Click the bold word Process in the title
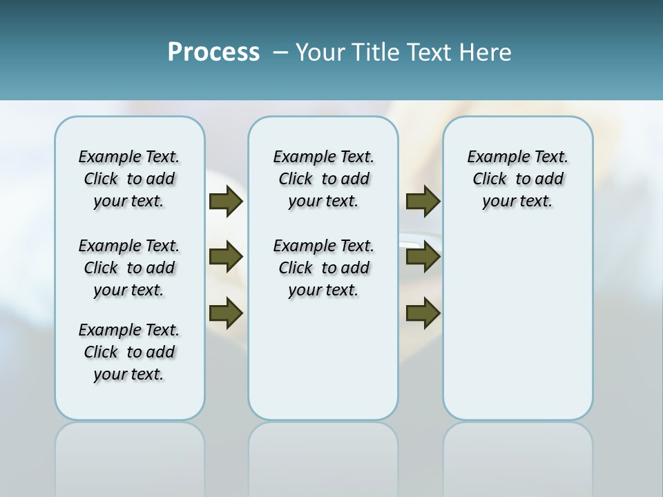[x=213, y=52]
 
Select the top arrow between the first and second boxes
[x=226, y=201]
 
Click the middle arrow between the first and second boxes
[x=226, y=257]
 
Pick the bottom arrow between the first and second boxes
[x=226, y=312]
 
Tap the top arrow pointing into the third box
[x=423, y=201]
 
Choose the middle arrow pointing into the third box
[x=423, y=257]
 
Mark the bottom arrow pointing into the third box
[x=423, y=312]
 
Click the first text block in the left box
[x=129, y=179]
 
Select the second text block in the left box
[x=129, y=268]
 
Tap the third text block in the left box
[x=129, y=352]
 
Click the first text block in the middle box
[x=324, y=179]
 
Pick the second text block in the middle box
[x=324, y=268]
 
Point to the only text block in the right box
[x=518, y=179]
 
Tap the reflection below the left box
[x=130, y=456]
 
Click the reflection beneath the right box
[x=518, y=456]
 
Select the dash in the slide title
[x=280, y=52]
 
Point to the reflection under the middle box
[x=323, y=456]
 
